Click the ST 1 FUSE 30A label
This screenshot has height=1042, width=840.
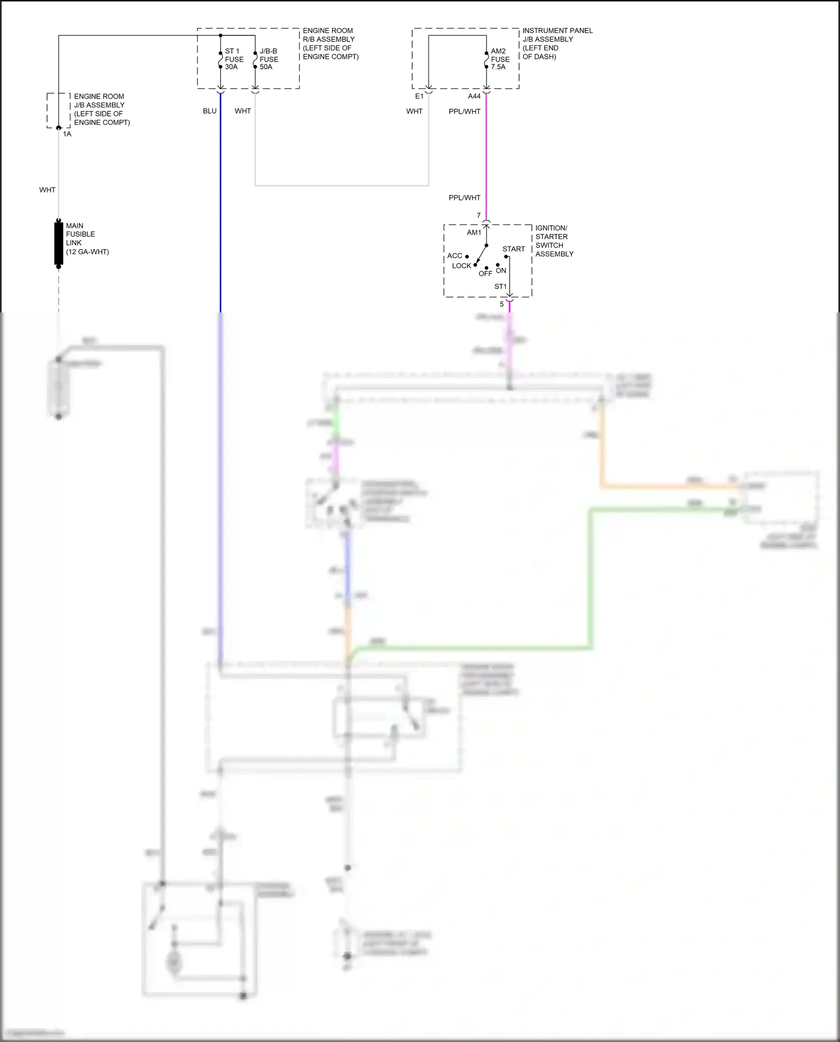coord(234,59)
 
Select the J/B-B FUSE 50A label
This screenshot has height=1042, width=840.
coord(269,59)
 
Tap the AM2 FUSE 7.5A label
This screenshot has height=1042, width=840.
coord(500,59)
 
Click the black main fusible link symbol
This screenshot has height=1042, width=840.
coord(58,243)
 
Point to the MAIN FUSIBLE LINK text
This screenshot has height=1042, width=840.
coord(87,239)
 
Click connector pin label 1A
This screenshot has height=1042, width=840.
coord(67,134)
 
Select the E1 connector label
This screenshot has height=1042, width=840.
coord(419,96)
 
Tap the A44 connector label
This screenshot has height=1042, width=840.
coord(474,96)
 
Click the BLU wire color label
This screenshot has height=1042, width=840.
coord(209,111)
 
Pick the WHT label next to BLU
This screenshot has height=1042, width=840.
coord(242,111)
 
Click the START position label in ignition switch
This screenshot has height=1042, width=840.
coord(514,249)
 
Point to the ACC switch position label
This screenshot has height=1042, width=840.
coord(455,256)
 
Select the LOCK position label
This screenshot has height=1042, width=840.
coord(461,266)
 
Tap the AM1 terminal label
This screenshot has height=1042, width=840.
coord(474,233)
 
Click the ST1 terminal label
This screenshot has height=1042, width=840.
coord(500,287)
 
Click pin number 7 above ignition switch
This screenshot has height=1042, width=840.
coord(479,216)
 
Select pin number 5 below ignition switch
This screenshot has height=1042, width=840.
coord(502,305)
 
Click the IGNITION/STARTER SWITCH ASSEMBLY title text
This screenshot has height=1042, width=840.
coord(554,241)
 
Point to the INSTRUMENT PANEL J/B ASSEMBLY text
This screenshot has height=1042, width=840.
coord(557,43)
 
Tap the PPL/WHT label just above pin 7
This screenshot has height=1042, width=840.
coord(464,198)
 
